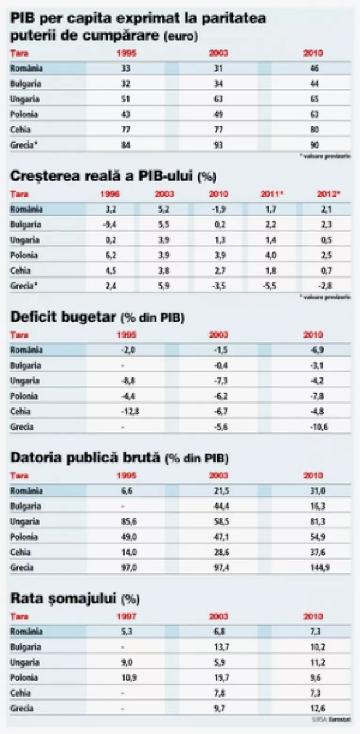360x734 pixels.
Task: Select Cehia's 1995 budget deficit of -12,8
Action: [x=126, y=412]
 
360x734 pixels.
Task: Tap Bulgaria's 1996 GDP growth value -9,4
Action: [x=110, y=224]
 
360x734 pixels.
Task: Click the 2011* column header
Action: [x=271, y=194]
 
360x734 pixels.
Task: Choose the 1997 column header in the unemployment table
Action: [x=126, y=616]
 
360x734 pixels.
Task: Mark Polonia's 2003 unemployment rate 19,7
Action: [x=218, y=677]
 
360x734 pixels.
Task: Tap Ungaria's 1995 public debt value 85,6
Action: [x=126, y=521]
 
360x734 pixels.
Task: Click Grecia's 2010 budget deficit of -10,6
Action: [x=314, y=427]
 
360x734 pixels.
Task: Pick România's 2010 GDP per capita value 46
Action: [x=314, y=68]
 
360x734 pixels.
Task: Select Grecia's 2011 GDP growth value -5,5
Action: [x=271, y=286]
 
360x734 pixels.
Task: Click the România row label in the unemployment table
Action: [x=26, y=631]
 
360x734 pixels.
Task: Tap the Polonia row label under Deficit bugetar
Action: [x=24, y=396]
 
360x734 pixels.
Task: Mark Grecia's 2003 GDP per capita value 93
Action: [x=218, y=145]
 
